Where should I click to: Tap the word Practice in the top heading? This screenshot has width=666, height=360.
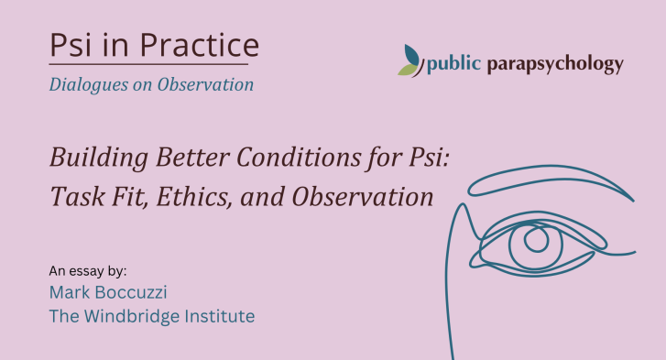point(199,45)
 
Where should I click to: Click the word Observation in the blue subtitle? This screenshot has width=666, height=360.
point(205,84)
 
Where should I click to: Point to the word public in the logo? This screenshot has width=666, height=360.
point(453,64)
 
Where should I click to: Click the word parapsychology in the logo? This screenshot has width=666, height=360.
point(555,64)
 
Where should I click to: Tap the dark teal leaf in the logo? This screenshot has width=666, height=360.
point(411,55)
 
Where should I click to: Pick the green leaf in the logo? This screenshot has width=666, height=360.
point(407,70)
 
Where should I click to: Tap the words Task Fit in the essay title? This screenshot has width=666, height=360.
point(99,197)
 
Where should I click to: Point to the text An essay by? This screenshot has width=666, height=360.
point(88,271)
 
